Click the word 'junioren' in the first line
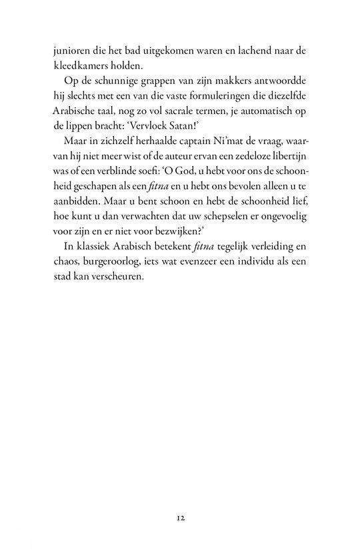[73, 51]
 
